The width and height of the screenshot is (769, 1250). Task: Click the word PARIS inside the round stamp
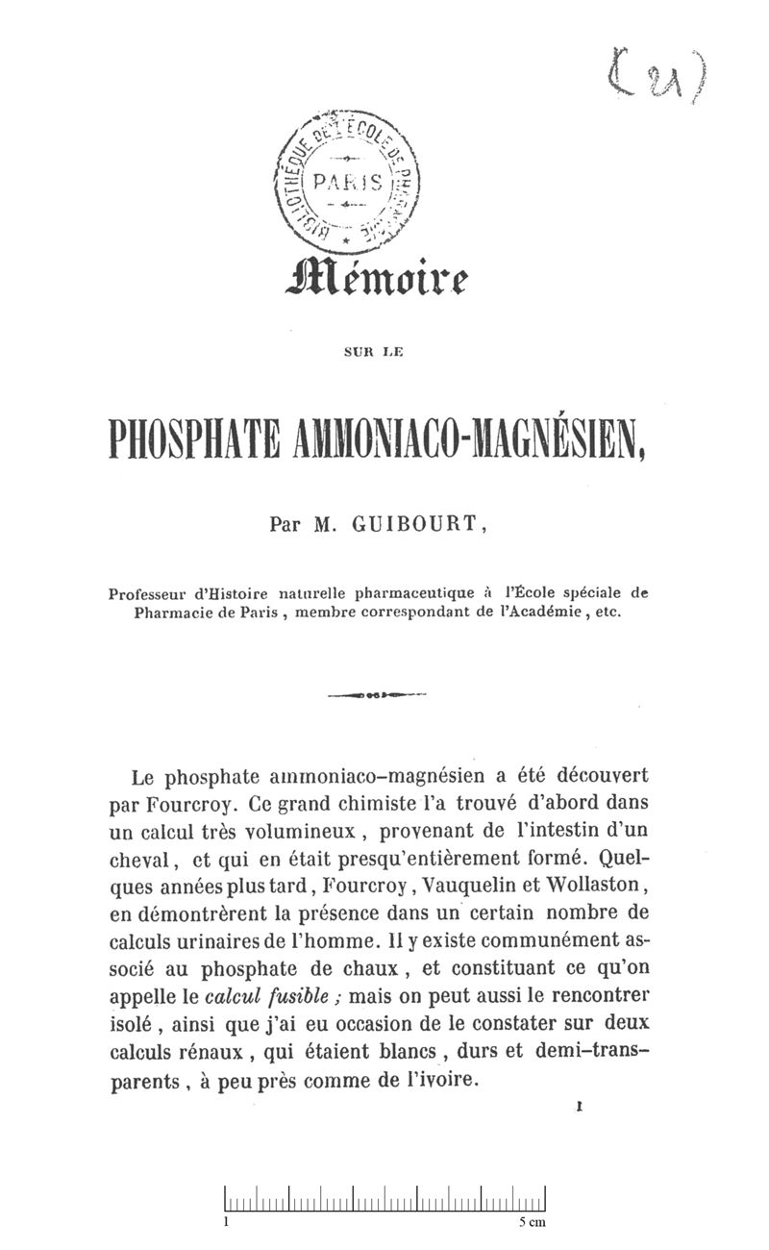pyautogui.click(x=355, y=182)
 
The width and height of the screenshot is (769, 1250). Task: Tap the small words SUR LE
pyautogui.click(x=378, y=353)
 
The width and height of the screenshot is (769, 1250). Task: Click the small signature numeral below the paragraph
pyautogui.click(x=580, y=1109)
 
